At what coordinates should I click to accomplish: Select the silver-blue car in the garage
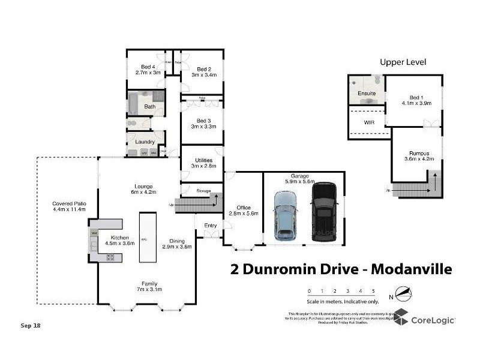point(285,216)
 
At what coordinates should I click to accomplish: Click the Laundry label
point(145,142)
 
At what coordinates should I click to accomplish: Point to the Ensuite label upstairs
point(367,94)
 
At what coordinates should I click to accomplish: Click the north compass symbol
point(403,295)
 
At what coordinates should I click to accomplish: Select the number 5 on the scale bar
point(373,291)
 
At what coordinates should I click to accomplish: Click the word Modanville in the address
point(411,269)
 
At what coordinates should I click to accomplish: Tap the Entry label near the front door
point(211,226)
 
